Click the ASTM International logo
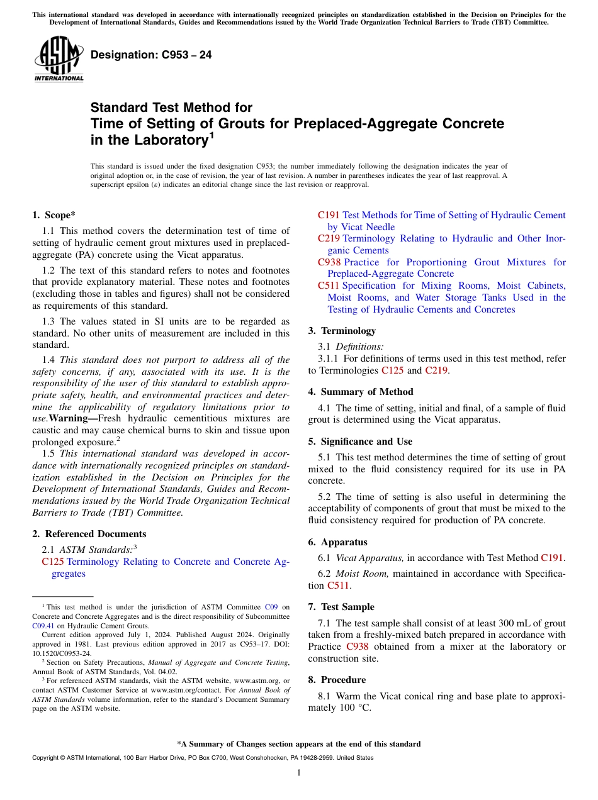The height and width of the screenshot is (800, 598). (x=59, y=60)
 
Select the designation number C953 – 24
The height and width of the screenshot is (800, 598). (x=151, y=55)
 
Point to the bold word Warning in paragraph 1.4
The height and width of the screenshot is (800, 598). (x=71, y=418)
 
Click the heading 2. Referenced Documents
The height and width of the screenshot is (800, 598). (x=89, y=534)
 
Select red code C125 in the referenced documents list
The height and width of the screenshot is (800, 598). (x=53, y=562)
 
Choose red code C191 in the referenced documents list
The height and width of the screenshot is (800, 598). (x=329, y=215)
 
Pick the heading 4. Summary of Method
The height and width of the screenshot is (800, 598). (x=361, y=392)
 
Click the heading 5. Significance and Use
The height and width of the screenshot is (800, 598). (x=360, y=442)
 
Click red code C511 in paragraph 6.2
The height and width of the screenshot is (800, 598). (x=337, y=586)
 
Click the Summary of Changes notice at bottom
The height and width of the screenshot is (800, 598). (x=298, y=744)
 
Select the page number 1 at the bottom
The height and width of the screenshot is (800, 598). (x=299, y=773)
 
